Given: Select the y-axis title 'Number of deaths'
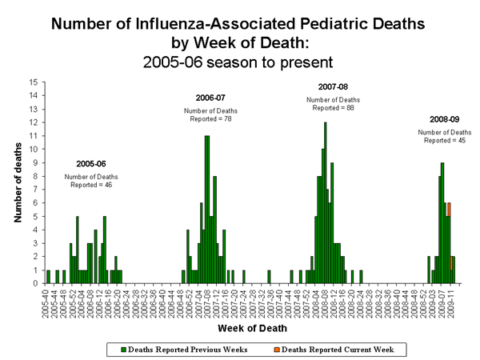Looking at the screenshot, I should (17, 182).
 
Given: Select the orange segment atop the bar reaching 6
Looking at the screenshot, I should (449, 209).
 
